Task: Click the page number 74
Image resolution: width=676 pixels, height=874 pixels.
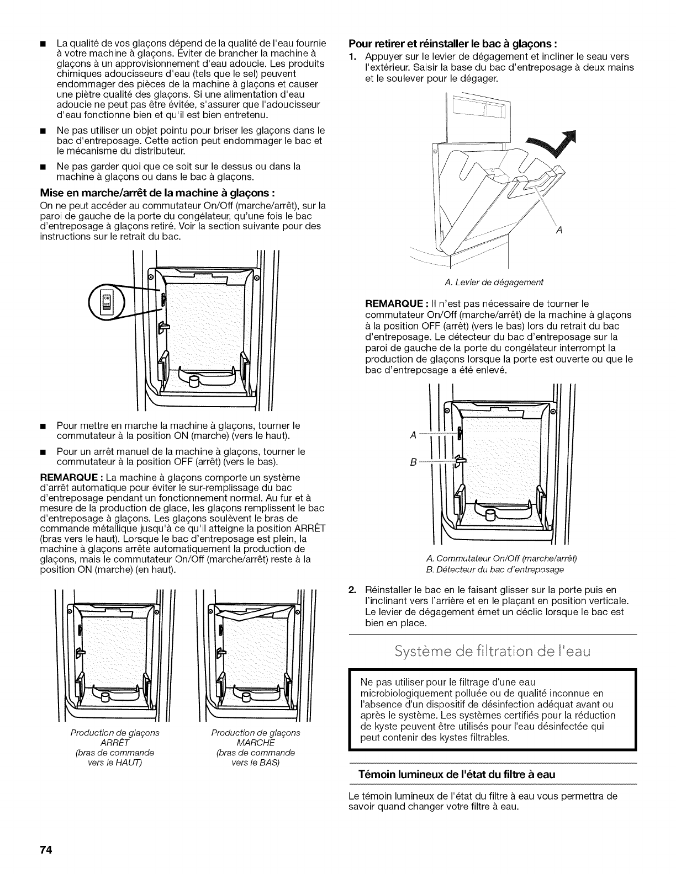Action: [45, 850]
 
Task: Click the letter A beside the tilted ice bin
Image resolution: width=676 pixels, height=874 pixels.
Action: [559, 230]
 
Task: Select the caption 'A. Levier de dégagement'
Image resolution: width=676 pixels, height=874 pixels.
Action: [493, 282]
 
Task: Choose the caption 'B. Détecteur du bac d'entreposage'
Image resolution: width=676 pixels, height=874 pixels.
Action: [493, 569]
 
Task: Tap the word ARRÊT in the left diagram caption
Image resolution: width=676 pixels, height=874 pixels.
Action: [115, 742]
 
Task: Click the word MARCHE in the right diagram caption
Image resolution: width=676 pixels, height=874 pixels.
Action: [255, 742]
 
